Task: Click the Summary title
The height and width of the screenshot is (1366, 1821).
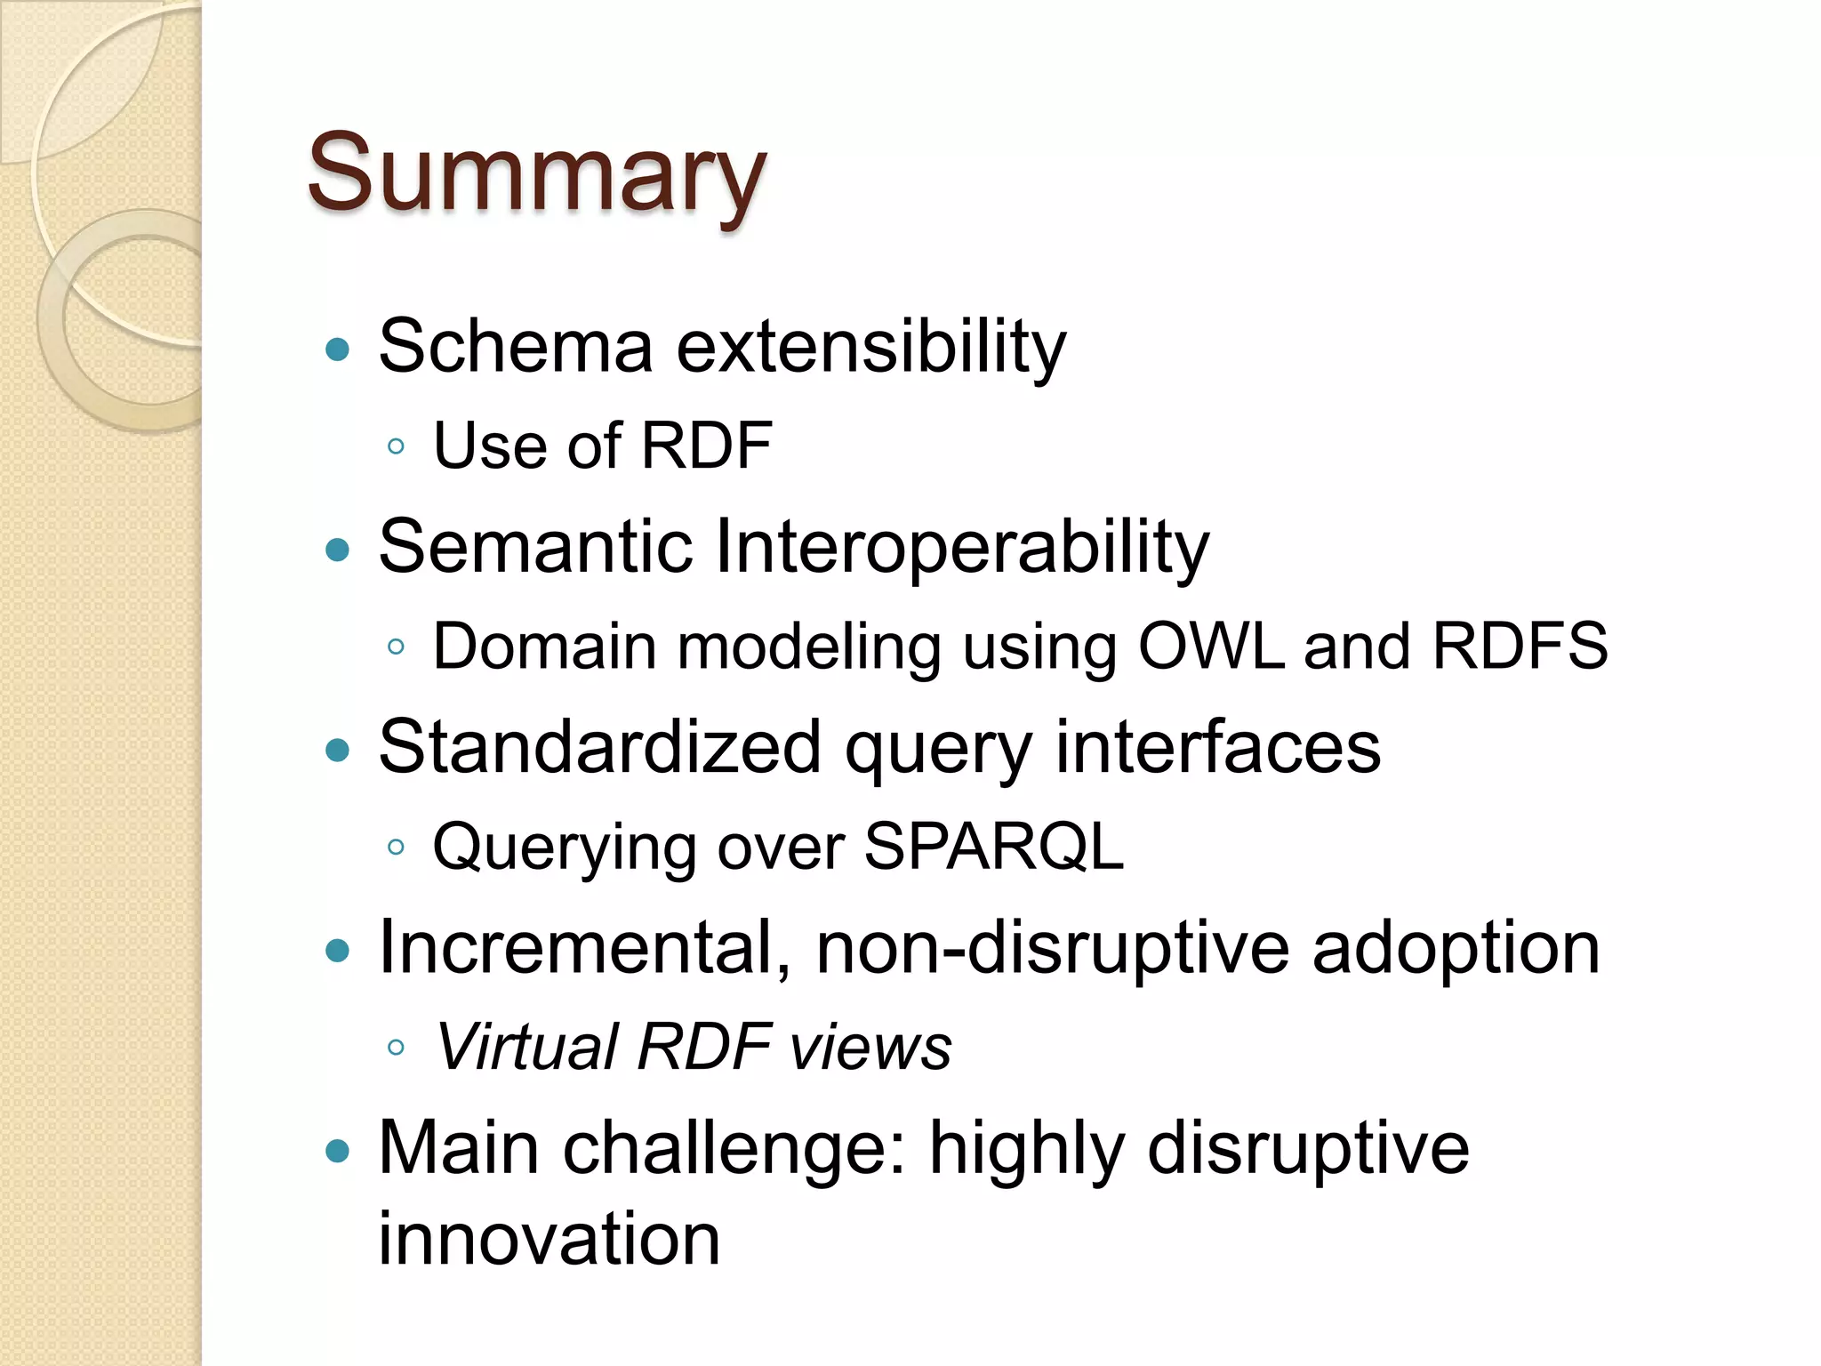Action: pyautogui.click(x=536, y=173)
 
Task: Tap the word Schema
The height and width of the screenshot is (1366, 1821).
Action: pyautogui.click(x=516, y=346)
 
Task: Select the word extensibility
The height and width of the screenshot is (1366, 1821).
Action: pyautogui.click(x=870, y=346)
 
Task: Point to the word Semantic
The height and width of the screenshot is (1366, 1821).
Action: pyautogui.click(x=535, y=546)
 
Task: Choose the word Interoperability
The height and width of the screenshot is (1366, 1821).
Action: pyautogui.click(x=961, y=548)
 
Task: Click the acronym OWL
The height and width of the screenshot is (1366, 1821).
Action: pyautogui.click(x=1210, y=646)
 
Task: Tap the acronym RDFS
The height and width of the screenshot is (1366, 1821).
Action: pyautogui.click(x=1520, y=646)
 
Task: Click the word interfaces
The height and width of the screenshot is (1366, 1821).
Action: pyautogui.click(x=1217, y=747)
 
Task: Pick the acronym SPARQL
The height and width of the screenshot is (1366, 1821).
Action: pyautogui.click(x=993, y=846)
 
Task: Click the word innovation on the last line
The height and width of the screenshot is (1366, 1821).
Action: pyautogui.click(x=549, y=1238)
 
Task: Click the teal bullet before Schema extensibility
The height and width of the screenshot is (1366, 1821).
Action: pyautogui.click(x=338, y=349)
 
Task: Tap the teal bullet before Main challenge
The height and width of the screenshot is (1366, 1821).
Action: pyautogui.click(x=338, y=1153)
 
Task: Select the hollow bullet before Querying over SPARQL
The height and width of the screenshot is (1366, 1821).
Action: pyautogui.click(x=397, y=847)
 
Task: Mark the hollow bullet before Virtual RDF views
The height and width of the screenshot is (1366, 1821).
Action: pyautogui.click(x=397, y=1048)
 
